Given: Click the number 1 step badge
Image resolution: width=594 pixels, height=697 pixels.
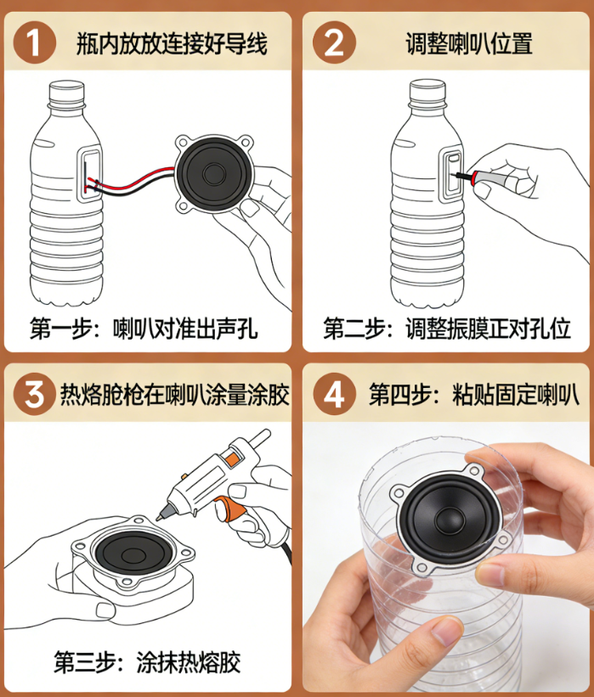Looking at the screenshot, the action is (35, 42).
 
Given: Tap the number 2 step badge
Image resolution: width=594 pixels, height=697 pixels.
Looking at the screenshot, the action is (334, 42).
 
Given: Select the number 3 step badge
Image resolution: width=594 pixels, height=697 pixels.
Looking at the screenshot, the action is (35, 394).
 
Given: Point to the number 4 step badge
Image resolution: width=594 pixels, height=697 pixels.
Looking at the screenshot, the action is (334, 394).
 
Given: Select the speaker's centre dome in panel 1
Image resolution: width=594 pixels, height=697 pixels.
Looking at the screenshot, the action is (214, 173).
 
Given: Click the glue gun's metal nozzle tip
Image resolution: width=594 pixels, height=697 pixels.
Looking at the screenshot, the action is (159, 517).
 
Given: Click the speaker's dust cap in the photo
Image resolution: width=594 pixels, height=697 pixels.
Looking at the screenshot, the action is (450, 519).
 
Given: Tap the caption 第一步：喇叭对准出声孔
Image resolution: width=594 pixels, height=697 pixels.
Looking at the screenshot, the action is (144, 329).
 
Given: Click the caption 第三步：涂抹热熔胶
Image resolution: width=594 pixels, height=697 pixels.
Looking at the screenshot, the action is (147, 662).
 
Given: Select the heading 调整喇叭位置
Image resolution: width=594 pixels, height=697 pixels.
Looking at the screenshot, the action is (469, 43).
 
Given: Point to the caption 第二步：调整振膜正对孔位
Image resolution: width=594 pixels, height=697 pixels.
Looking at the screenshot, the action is (447, 329).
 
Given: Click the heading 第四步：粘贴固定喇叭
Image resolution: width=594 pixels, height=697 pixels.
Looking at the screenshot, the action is (474, 394).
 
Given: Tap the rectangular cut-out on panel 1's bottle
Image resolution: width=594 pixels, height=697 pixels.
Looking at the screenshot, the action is (90, 175).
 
